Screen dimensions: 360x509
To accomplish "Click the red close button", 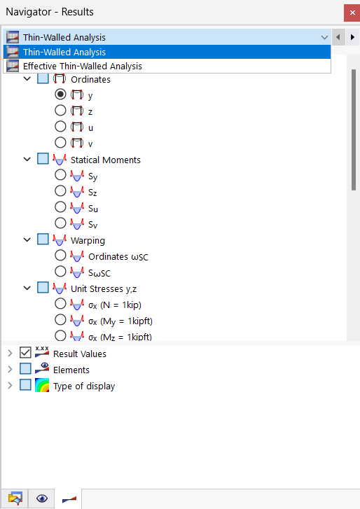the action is tap(352, 13).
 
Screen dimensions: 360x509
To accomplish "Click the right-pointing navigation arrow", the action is tap(352, 37).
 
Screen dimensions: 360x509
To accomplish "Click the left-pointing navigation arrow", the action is tap(338, 37).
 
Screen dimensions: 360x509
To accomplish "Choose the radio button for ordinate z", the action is tap(60, 111).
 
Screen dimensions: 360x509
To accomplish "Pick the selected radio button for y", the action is tap(60, 95).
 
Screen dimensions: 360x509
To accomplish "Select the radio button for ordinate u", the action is tap(60, 127).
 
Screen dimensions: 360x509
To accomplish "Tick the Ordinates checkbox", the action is tap(43, 78).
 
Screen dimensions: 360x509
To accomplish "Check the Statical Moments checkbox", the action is tap(43, 159).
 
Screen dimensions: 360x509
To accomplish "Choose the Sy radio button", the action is tap(60, 175).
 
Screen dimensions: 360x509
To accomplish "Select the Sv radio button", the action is tap(60, 223).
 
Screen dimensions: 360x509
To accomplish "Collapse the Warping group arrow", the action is tap(27, 239).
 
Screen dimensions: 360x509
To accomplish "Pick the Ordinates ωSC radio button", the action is tap(60, 256).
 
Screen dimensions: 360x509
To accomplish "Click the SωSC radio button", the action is tap(60, 272).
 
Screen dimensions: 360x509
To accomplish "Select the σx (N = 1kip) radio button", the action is tap(60, 304).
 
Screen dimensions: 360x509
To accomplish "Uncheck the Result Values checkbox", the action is tap(25, 353).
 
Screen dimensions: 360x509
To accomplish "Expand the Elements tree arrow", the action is tap(10, 369).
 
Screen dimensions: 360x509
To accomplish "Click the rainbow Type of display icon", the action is tap(42, 385).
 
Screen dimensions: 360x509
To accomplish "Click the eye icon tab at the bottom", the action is tap(42, 498).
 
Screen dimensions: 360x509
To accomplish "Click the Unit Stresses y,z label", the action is tap(104, 288).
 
